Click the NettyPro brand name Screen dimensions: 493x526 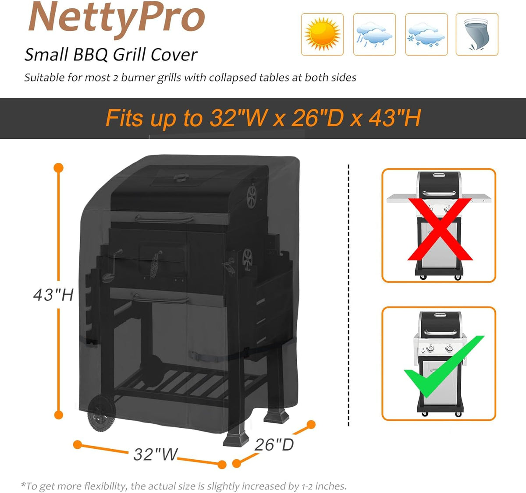pyautogui.click(x=116, y=18)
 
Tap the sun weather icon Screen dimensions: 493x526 pyautogui.click(x=322, y=34)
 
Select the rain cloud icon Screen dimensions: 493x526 pyautogui.click(x=374, y=34)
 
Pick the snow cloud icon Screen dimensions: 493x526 pyautogui.click(x=426, y=34)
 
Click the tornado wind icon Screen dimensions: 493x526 pyautogui.click(x=476, y=34)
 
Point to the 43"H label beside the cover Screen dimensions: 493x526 pyautogui.click(x=53, y=295)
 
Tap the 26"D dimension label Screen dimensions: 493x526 pyautogui.click(x=274, y=444)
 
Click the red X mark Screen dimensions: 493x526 pyautogui.click(x=440, y=229)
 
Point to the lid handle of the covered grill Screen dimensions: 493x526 pyautogui.click(x=164, y=218)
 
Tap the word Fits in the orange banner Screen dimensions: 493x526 pyautogui.click(x=124, y=118)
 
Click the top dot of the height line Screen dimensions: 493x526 pyautogui.click(x=58, y=168)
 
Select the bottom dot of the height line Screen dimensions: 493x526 pyautogui.click(x=58, y=415)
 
